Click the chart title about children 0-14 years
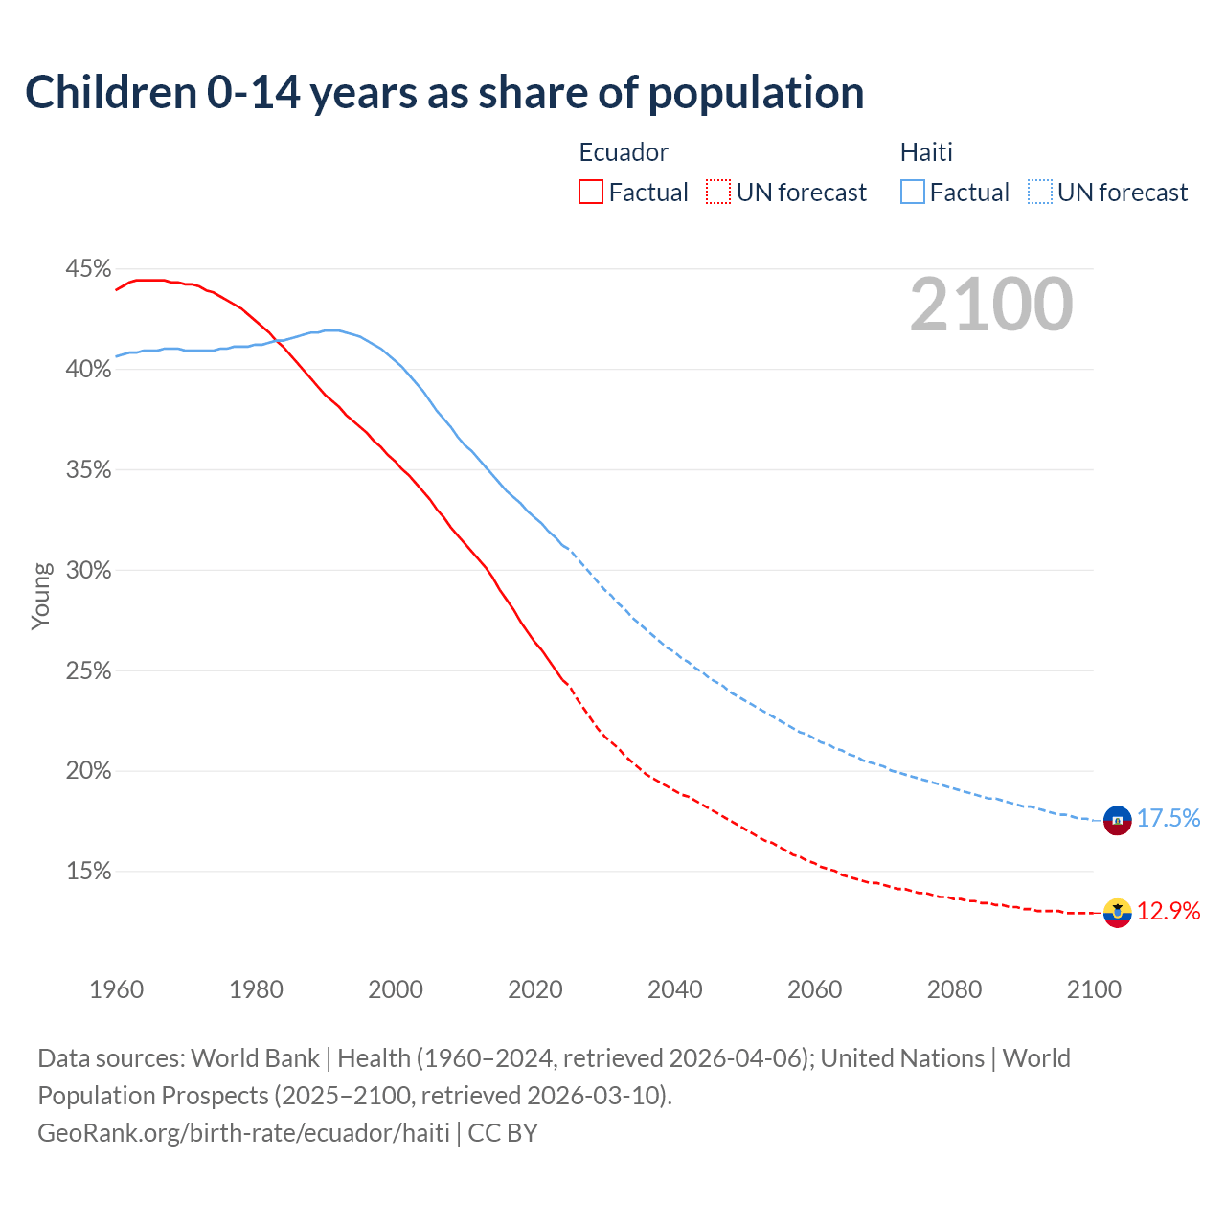[x=444, y=93]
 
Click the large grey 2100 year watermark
[x=991, y=305]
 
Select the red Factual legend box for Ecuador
[x=591, y=192]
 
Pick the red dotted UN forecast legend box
[x=718, y=192]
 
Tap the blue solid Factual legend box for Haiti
[x=913, y=192]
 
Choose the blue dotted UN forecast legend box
[x=1040, y=192]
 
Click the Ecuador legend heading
[x=624, y=152]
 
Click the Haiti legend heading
[x=926, y=152]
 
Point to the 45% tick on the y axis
[x=88, y=269]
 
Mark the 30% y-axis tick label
[x=88, y=571]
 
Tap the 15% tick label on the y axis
[x=88, y=872]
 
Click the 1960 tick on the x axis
[x=116, y=989]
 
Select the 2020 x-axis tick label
[x=534, y=989]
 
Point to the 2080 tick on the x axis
[x=954, y=989]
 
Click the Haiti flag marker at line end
[x=1118, y=820]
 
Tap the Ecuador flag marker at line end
[x=1118, y=913]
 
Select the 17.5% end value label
[x=1169, y=818]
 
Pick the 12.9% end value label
[x=1169, y=911]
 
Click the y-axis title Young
[x=41, y=596]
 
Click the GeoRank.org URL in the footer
[x=243, y=1133]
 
